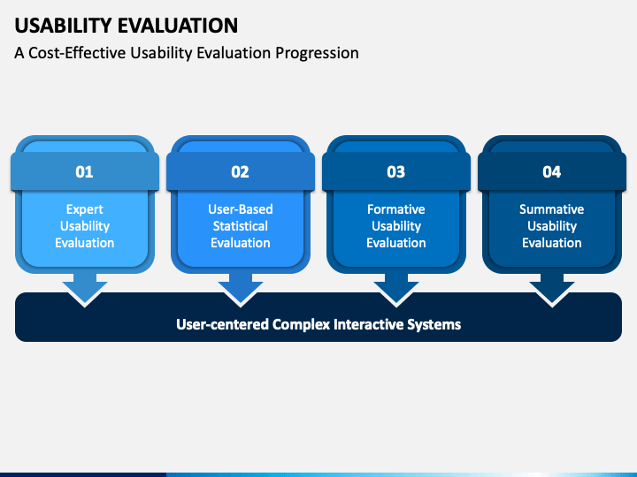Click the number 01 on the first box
(x=85, y=172)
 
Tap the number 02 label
(x=240, y=172)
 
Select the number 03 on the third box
(x=396, y=172)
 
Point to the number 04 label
(x=552, y=172)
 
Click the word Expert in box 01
(x=85, y=209)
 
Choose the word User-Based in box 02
(x=241, y=209)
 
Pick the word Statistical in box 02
(x=241, y=226)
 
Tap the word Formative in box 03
(x=396, y=209)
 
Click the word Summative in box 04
(x=552, y=209)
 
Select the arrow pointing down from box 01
(x=85, y=290)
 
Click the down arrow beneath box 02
(x=241, y=290)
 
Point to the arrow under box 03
(x=396, y=290)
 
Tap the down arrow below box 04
(x=552, y=290)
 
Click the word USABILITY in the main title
(x=64, y=26)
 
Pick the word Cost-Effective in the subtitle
(x=77, y=53)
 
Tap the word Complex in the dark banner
(x=301, y=324)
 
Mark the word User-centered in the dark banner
(x=222, y=324)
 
